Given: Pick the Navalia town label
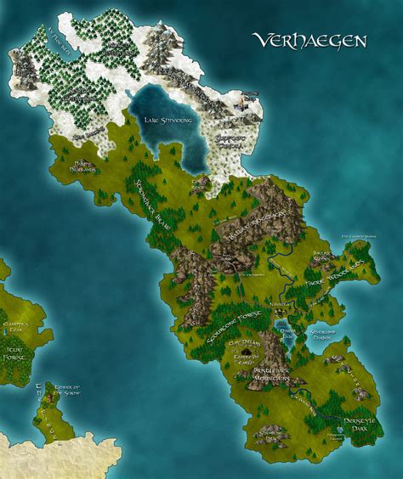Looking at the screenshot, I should pos(283,302).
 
